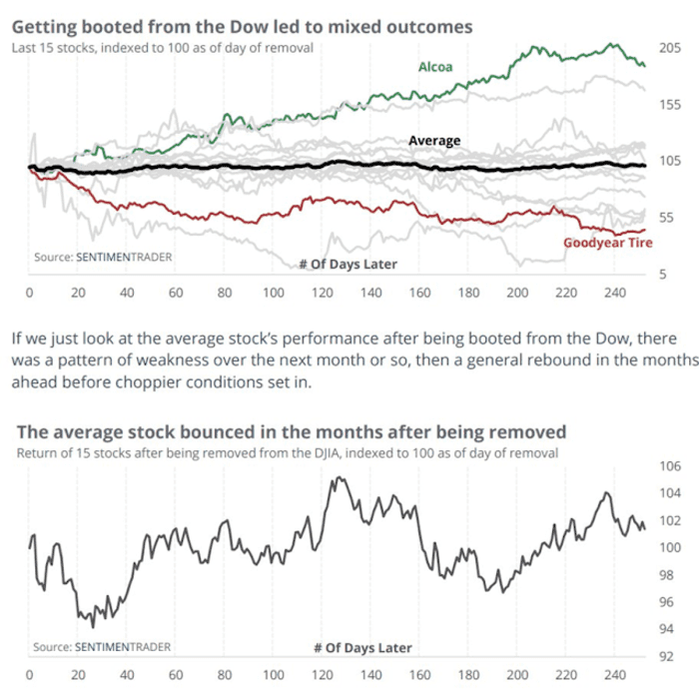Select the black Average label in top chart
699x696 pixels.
tap(434, 141)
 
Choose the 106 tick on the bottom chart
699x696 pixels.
tap(668, 466)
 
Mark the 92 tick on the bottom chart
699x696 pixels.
tap(668, 656)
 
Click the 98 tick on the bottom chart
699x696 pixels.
tap(668, 575)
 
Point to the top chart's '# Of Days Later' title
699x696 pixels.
tap(349, 265)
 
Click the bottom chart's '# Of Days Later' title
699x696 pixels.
tap(361, 647)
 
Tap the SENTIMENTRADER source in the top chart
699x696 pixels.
tap(123, 257)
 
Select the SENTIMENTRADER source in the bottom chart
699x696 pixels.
tap(123, 646)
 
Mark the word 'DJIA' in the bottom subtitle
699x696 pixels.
tap(345, 452)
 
